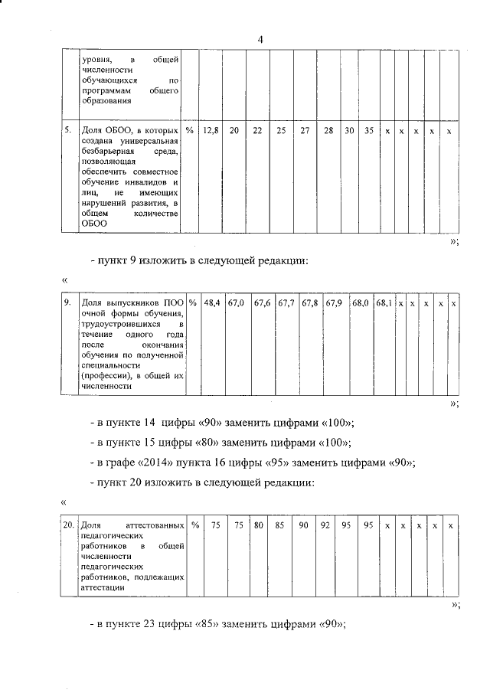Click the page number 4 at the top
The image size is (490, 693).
[x=260, y=40]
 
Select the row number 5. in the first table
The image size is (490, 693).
[x=68, y=132]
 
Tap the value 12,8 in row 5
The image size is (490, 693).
[x=211, y=132]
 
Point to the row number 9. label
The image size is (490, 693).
[x=68, y=304]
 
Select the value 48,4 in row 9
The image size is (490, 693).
[x=211, y=304]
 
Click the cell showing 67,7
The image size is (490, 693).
[x=286, y=304]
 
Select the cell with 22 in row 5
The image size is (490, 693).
[x=258, y=132]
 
